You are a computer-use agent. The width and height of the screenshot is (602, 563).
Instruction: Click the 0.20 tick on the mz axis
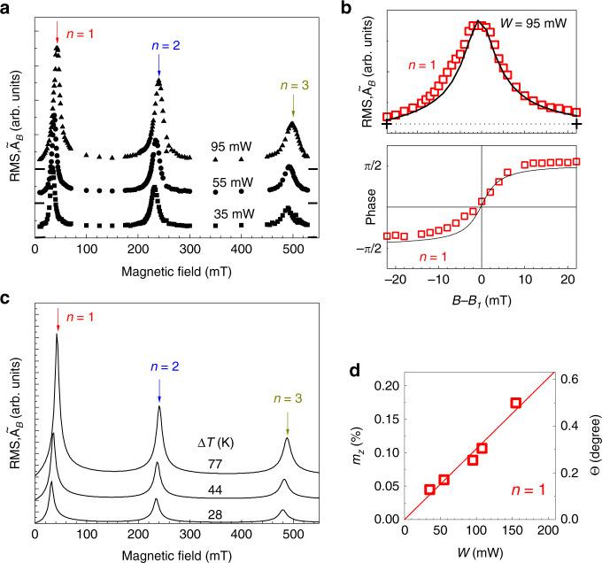[x=384, y=386]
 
